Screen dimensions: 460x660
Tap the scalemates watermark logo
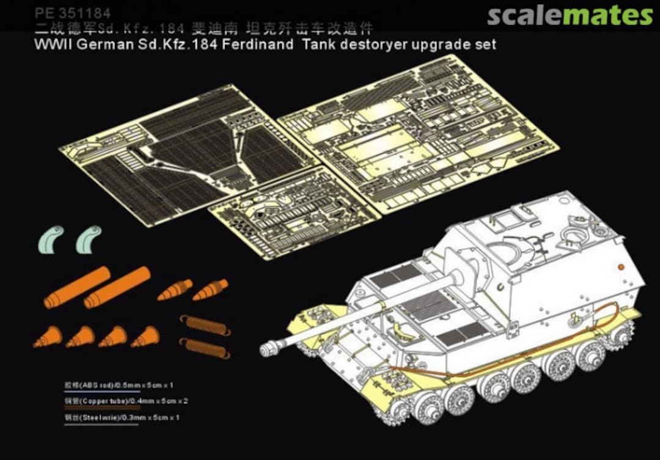click(x=570, y=15)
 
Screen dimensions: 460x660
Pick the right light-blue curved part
click(x=89, y=239)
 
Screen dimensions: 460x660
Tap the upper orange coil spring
click(x=205, y=325)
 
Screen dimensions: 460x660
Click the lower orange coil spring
click(x=204, y=348)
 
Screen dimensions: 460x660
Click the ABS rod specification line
click(x=119, y=385)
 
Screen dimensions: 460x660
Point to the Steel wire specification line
click(x=122, y=418)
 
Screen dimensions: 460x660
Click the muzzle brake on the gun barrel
click(x=268, y=349)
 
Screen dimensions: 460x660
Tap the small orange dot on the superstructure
click(x=621, y=266)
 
